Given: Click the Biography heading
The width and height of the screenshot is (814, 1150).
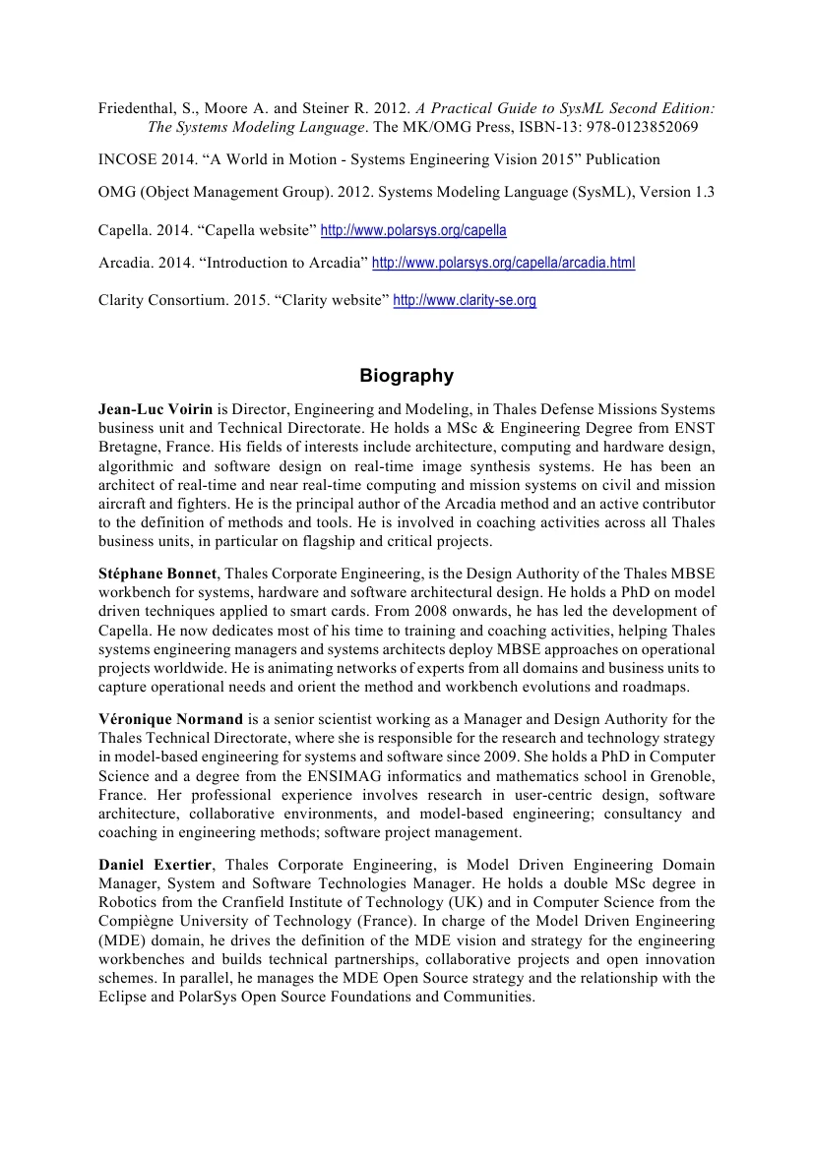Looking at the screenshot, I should click(x=407, y=376).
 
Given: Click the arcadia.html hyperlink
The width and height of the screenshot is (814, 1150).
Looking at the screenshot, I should click(x=503, y=264).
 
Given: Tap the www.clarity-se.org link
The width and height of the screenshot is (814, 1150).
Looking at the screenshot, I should click(x=465, y=301).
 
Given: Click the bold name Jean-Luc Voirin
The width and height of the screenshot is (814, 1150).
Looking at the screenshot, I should click(x=156, y=407).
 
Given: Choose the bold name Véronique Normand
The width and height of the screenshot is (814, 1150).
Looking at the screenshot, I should click(x=170, y=719).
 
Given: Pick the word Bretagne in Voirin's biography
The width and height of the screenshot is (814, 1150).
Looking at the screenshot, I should click(x=129, y=445).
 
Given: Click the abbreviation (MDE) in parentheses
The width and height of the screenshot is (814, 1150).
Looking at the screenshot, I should click(x=121, y=939).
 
